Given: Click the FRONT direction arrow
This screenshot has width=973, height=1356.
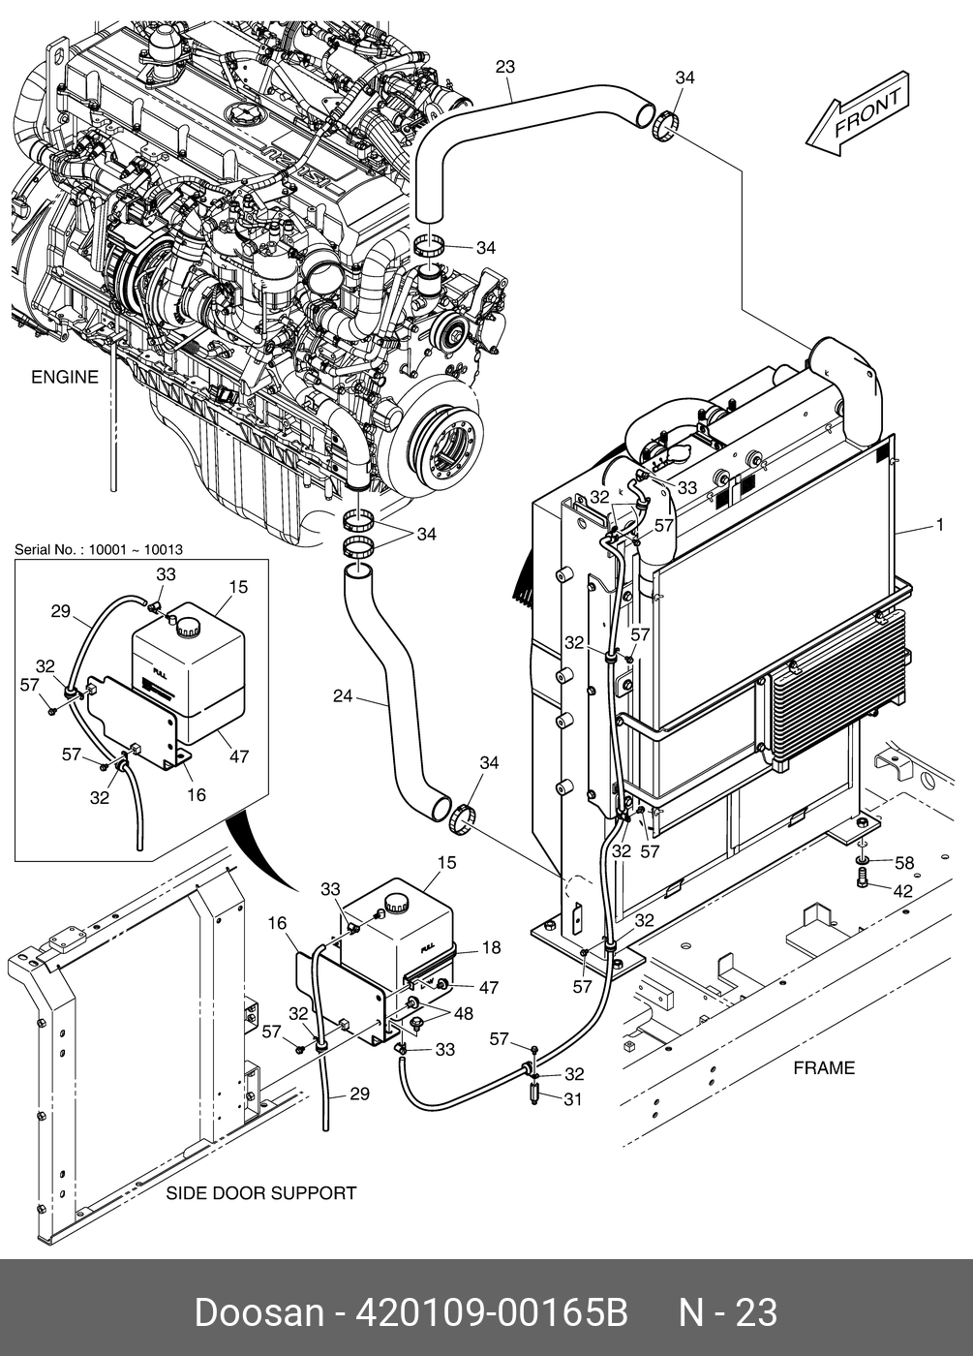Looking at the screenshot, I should (857, 111).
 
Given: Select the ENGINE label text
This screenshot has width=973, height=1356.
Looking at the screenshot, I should (65, 377).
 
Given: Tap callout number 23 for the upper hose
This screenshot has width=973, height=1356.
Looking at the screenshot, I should (504, 67).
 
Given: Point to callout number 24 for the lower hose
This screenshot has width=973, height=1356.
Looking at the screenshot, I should (343, 696).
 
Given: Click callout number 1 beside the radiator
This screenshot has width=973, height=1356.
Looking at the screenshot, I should (939, 526).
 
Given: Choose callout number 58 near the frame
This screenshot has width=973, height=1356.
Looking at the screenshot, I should (903, 863).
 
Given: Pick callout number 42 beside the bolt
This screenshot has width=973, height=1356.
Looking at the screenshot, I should (902, 890).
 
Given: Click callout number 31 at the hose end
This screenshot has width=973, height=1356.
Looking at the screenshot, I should (574, 1098).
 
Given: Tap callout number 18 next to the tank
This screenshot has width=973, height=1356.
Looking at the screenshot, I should (491, 948).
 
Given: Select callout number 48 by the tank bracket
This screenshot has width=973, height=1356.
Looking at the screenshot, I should (464, 1014).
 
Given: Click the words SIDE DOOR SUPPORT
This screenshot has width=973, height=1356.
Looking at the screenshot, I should (261, 1192).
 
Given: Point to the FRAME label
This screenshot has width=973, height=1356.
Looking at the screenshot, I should (824, 1067).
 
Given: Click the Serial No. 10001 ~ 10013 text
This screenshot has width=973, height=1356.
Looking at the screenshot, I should (99, 550).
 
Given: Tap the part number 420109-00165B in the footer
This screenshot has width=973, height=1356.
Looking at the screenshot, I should (493, 1313).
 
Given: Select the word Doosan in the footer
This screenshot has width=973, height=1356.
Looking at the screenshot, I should (258, 1313).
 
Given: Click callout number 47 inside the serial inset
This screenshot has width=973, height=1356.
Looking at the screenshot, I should (238, 755).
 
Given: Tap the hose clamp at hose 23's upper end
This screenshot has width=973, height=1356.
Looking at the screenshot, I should (664, 126).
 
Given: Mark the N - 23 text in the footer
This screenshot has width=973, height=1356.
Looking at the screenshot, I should (727, 1313).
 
